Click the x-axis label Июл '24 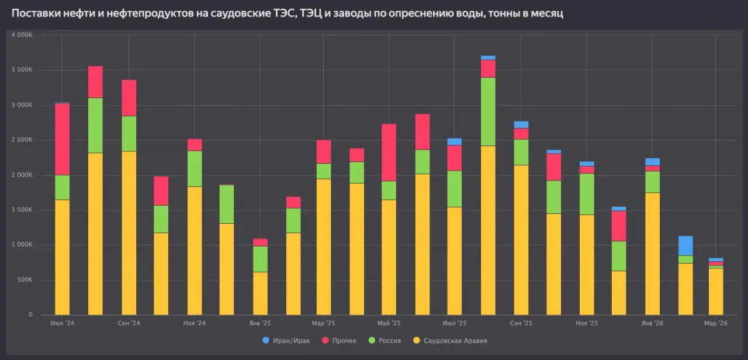pyautogui.click(x=63, y=323)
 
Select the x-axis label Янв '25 pyautogui.click(x=259, y=323)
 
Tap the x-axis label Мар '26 pyautogui.click(x=715, y=323)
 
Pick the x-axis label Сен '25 pyautogui.click(x=521, y=323)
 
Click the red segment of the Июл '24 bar pyautogui.click(x=63, y=139)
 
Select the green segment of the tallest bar pyautogui.click(x=488, y=111)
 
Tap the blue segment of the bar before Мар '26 pyautogui.click(x=685, y=245)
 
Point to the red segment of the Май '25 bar pyautogui.click(x=389, y=152)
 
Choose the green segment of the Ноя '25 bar pyautogui.click(x=587, y=194)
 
